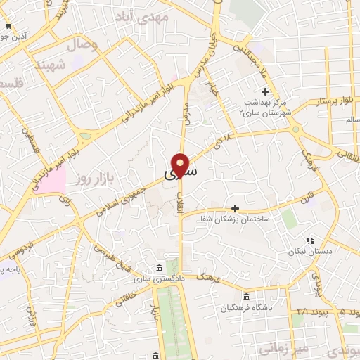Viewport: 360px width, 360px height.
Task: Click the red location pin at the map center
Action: click(181, 165)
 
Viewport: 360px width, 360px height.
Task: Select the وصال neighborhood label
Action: click(82, 45)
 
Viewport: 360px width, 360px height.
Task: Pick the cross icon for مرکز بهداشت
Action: click(265, 91)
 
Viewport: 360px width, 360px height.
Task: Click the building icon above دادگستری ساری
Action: click(159, 269)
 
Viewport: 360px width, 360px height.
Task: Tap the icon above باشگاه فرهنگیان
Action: click(245, 297)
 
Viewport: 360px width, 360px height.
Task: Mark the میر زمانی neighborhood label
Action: click(279, 347)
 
